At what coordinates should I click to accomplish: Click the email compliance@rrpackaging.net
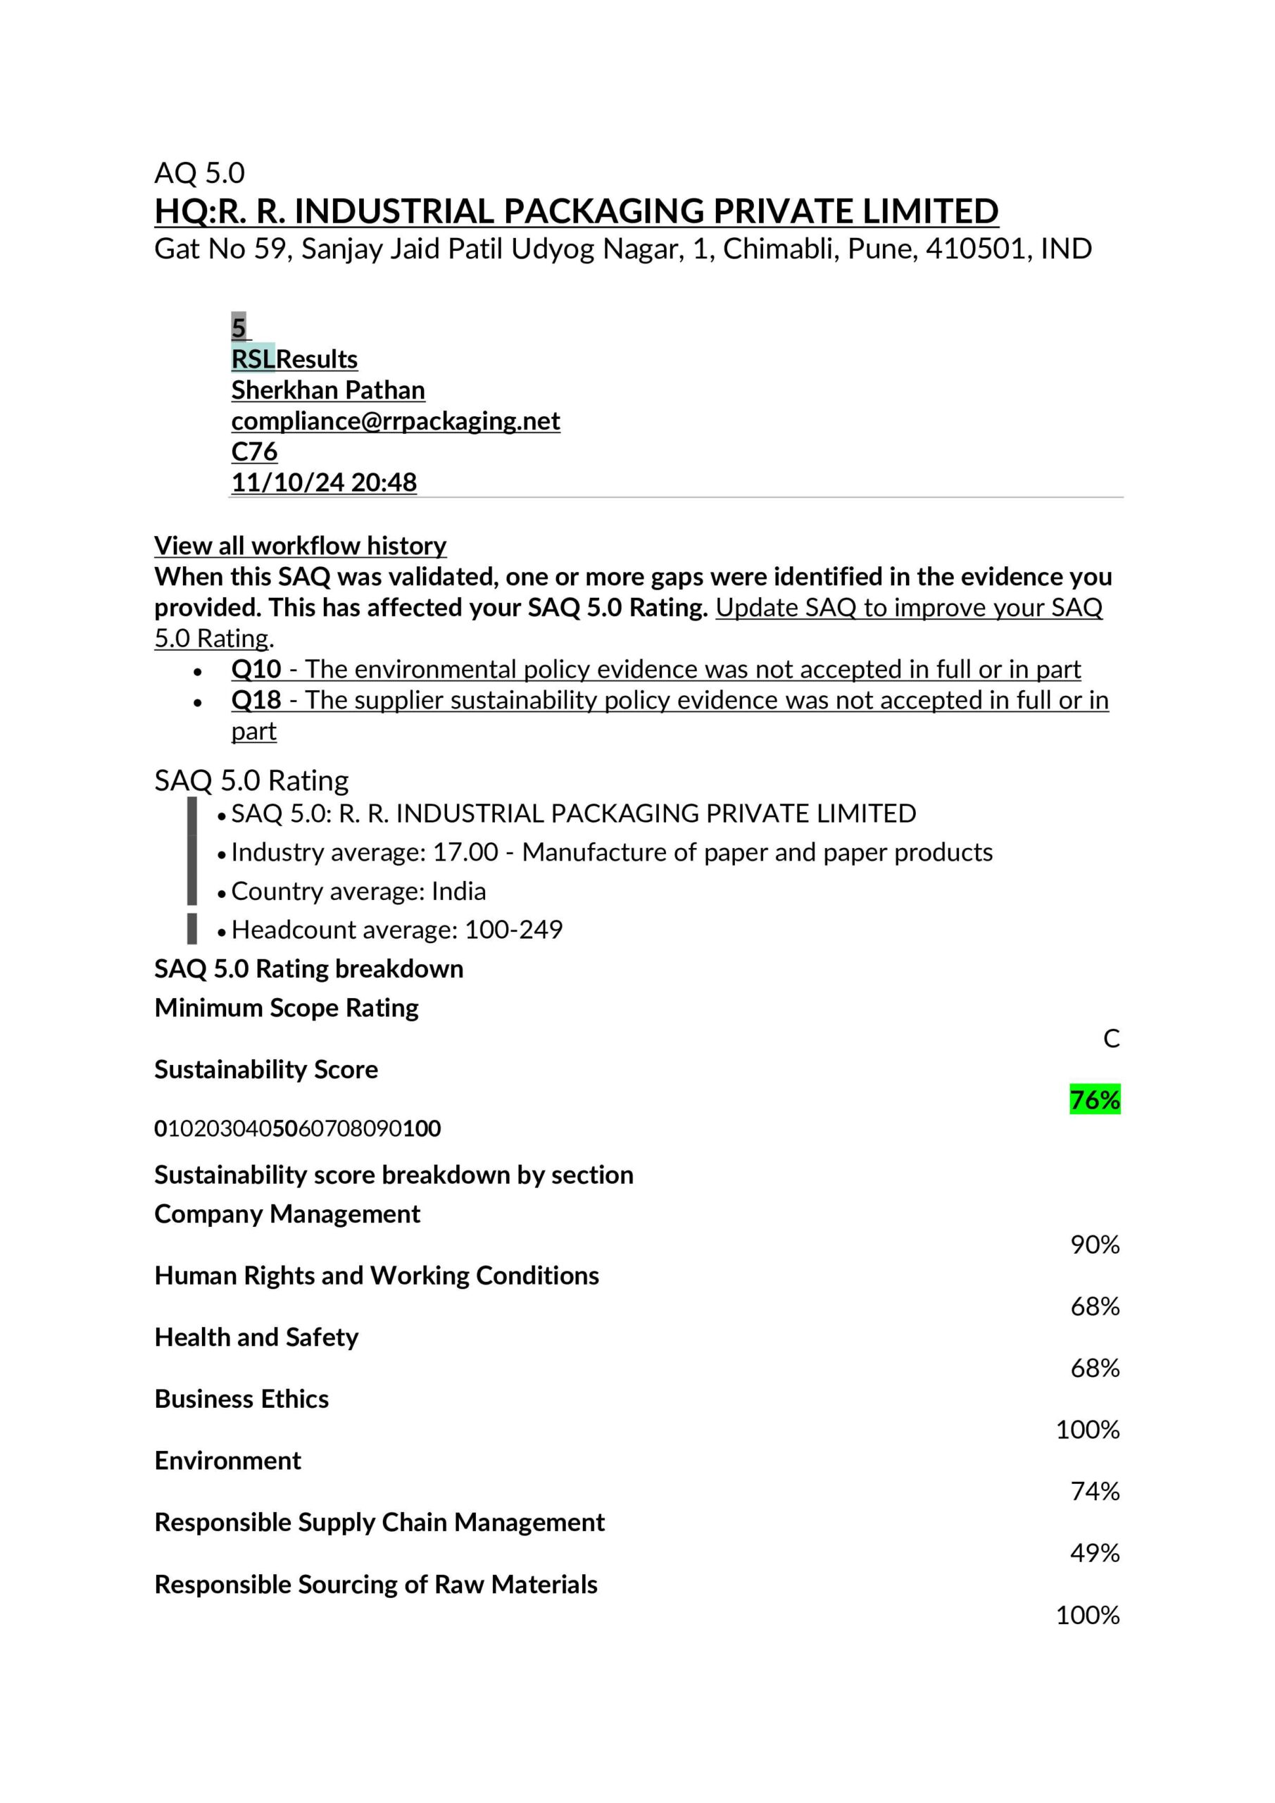point(395,421)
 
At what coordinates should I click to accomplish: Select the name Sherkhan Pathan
point(327,390)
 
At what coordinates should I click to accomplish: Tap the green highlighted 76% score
point(1095,1099)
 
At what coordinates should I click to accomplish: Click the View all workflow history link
point(300,545)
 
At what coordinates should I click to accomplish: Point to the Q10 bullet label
point(256,669)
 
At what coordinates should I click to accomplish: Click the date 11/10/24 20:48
point(323,482)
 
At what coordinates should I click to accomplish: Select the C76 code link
point(253,451)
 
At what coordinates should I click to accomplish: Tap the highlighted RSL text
point(253,359)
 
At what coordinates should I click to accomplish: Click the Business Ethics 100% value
point(1087,1429)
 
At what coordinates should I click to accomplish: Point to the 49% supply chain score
point(1095,1552)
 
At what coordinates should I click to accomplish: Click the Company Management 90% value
point(1095,1244)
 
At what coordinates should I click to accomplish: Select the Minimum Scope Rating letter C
point(1111,1038)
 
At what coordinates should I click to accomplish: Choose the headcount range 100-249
point(513,930)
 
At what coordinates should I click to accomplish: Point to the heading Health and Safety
point(256,1337)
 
